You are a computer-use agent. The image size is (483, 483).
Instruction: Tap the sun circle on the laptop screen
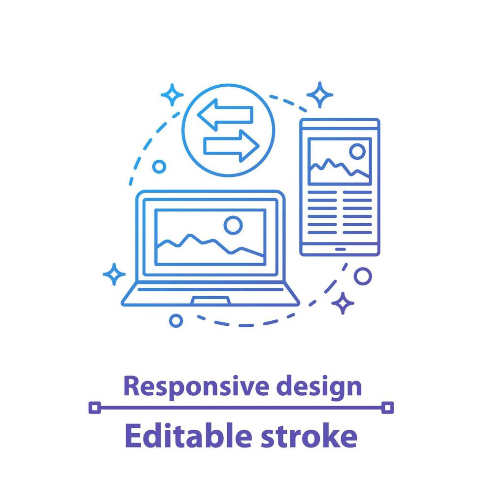233,225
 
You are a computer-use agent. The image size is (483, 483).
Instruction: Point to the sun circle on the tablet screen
357,151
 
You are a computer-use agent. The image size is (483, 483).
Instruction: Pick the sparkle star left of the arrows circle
172,94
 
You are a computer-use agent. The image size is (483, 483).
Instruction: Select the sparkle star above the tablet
319,95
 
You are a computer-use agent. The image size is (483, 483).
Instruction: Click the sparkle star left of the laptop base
114,274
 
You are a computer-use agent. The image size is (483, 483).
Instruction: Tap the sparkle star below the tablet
343,303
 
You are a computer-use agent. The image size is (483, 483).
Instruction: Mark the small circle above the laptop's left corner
159,167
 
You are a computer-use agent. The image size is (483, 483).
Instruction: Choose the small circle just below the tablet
363,276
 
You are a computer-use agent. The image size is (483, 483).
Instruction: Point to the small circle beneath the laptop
175,321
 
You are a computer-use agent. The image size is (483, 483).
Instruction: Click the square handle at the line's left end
95,407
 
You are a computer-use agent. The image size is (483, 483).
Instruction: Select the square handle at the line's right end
388,407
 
